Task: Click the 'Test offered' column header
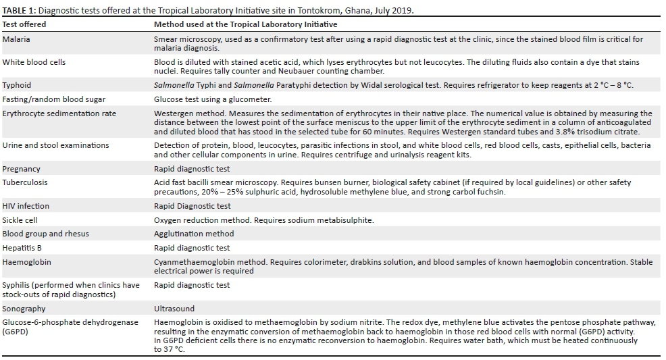pos(24,24)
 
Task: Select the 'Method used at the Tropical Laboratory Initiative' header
pos(245,24)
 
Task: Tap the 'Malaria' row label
pos(16,39)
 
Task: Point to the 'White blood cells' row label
pos(34,62)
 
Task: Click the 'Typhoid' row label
pos(17,86)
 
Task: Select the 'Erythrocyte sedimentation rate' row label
pos(59,113)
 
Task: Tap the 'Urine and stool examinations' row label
pos(55,145)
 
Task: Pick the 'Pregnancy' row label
pos(21,169)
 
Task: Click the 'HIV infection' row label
pos(26,206)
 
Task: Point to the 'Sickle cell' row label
pos(20,220)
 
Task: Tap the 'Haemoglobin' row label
pos(26,262)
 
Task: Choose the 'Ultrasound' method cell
pos(174,309)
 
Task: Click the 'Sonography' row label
pos(24,309)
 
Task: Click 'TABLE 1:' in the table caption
pos(18,10)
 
